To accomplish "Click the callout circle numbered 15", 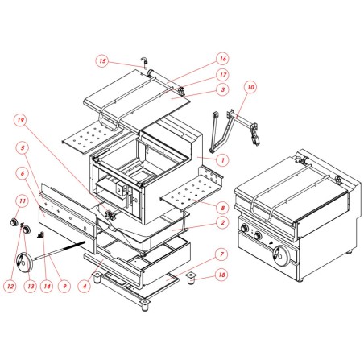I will (x=101, y=60).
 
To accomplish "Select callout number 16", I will (x=223, y=59).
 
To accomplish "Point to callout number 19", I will (x=19, y=120).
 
